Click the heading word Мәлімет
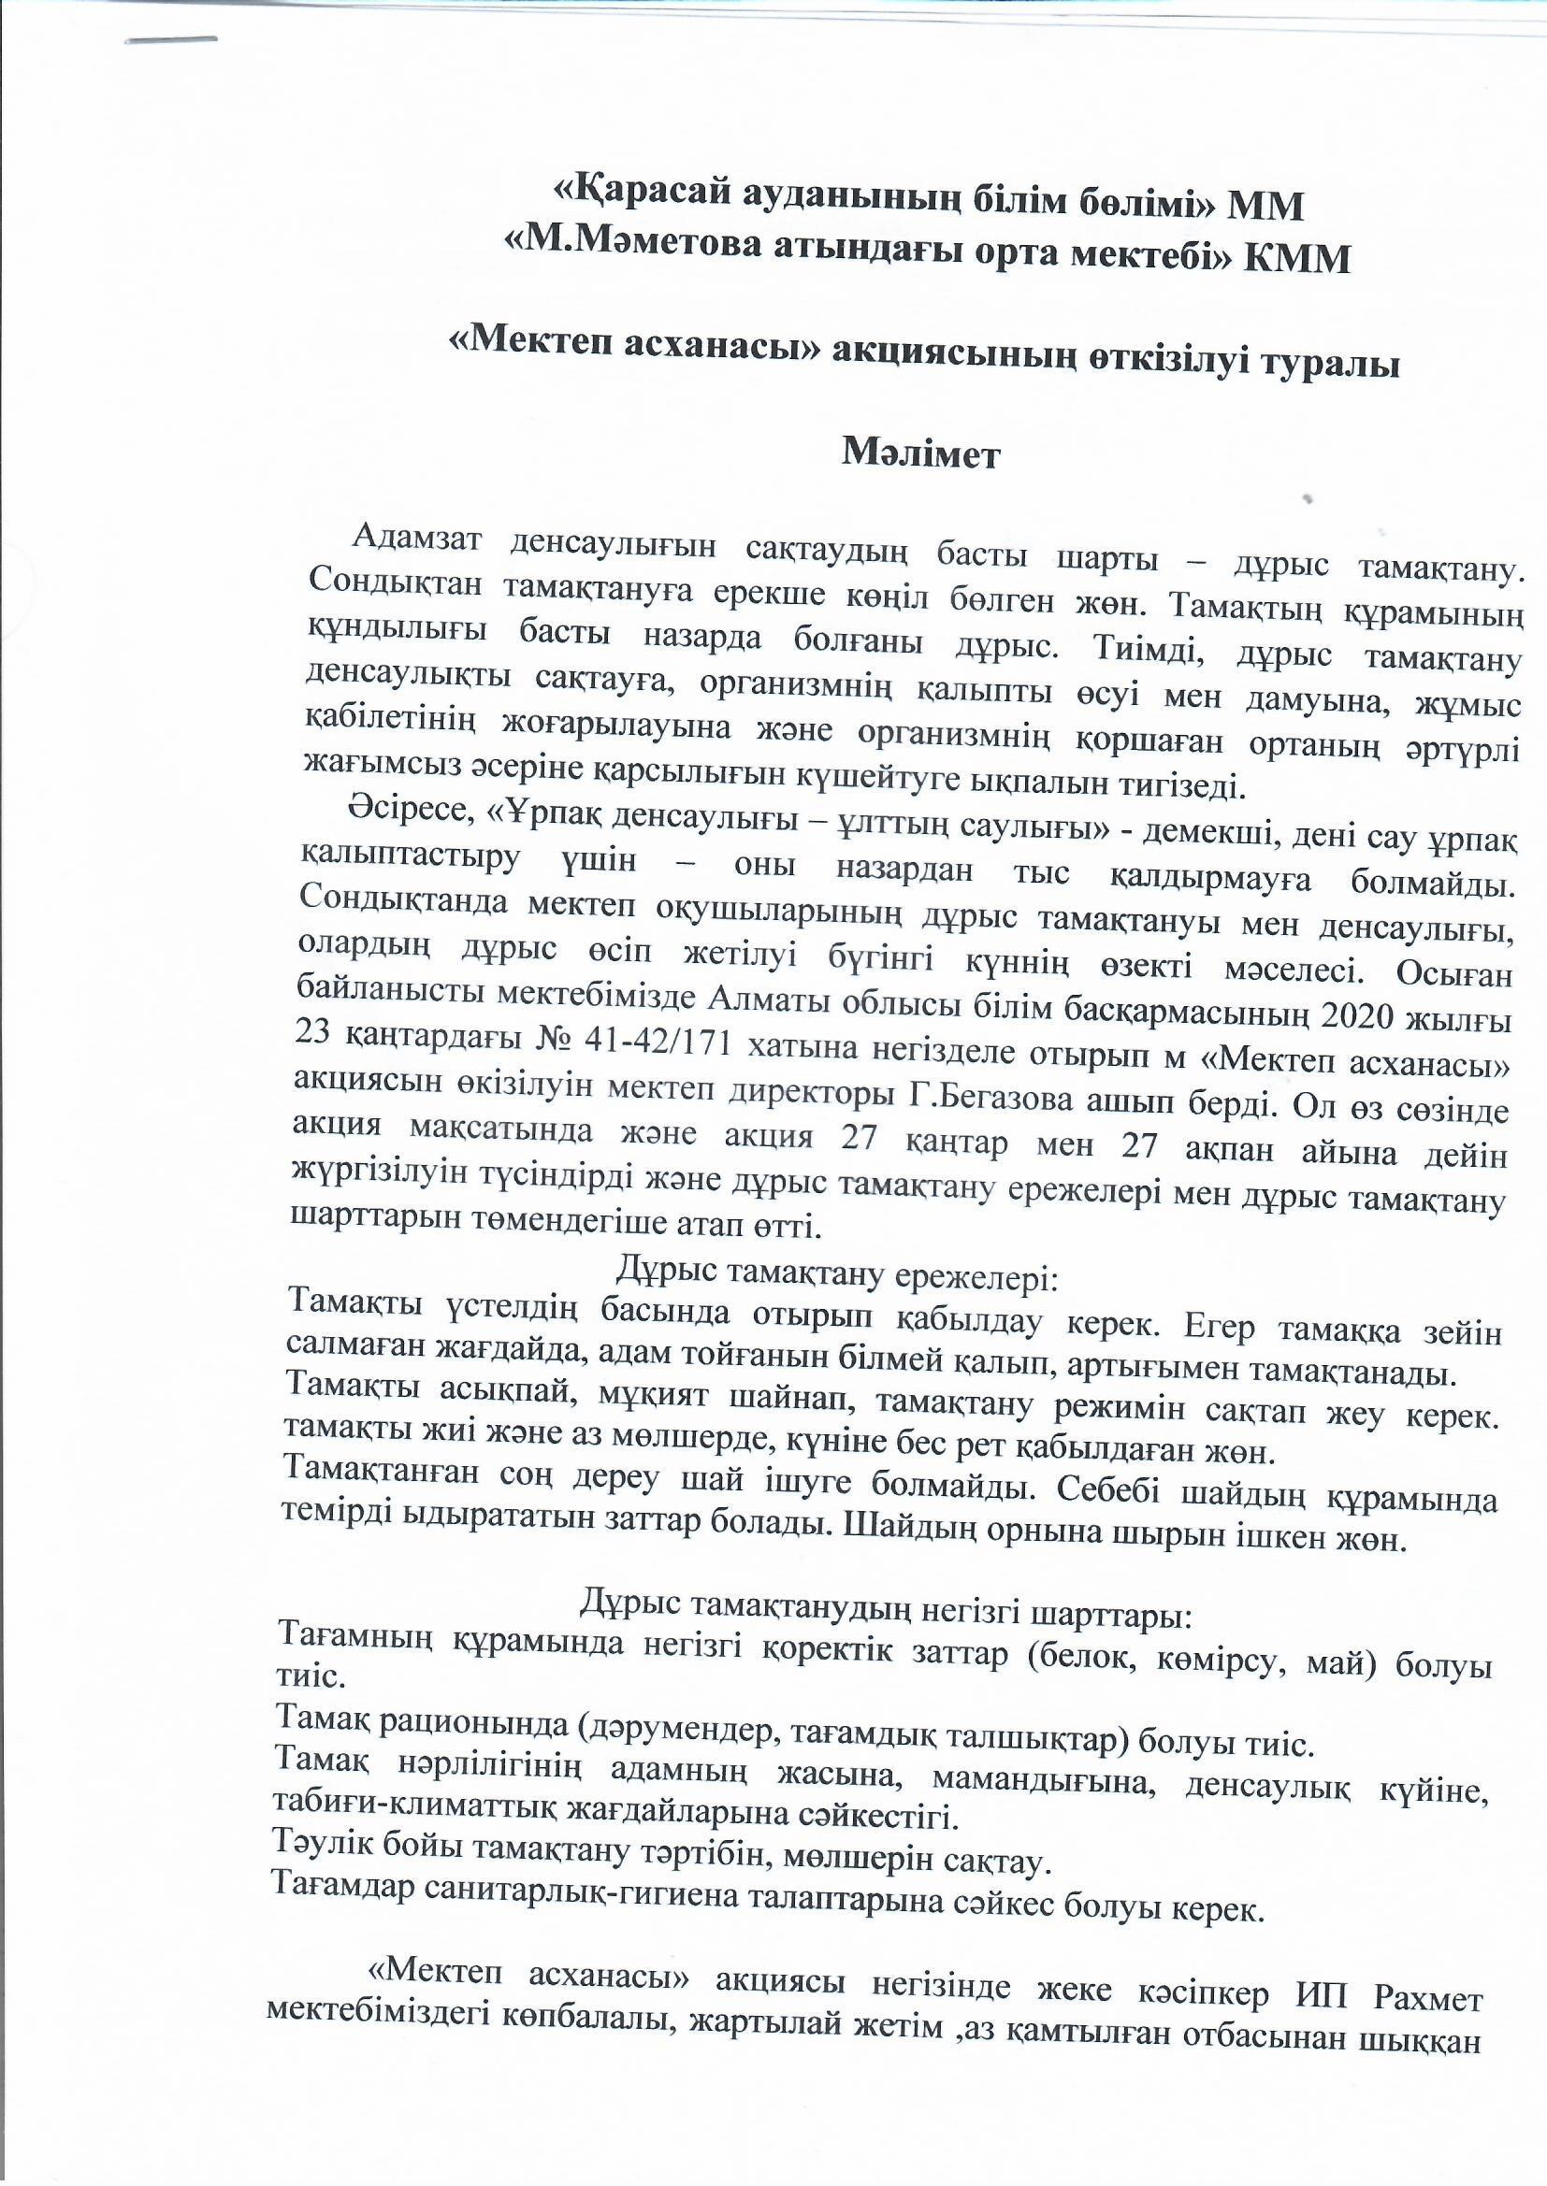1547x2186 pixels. coord(920,454)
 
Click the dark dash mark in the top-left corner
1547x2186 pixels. coord(172,41)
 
